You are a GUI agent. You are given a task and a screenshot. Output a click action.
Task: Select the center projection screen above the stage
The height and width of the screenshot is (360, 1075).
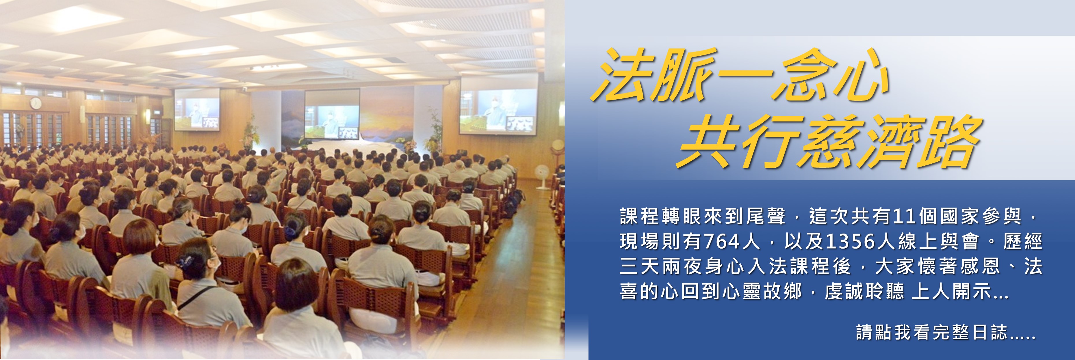332,113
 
